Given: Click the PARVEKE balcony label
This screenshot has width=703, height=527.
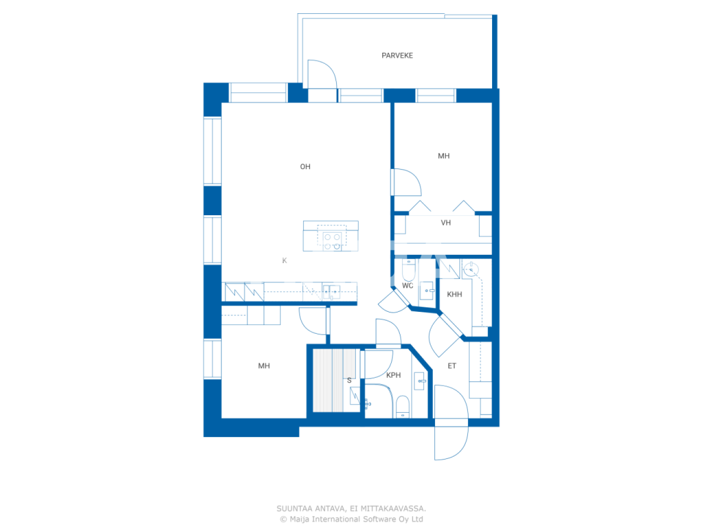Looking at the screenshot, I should coord(397,55).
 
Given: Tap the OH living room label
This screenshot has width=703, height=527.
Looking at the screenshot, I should coord(305,167).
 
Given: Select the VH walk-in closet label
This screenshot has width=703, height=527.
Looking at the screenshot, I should coord(446,223).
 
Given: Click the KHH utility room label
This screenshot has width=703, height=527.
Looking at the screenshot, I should coord(454,295).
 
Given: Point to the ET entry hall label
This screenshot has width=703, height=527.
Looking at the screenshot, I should coord(451,366).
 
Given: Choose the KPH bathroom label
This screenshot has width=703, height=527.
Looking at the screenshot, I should coord(393,375).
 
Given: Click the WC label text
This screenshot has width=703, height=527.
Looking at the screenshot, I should coord(408,286).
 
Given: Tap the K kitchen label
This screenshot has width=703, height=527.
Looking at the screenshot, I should coord(284,261).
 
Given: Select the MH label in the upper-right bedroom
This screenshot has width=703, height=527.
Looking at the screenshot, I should coord(444,156).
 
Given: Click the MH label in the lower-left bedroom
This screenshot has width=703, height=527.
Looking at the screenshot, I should coord(264,366).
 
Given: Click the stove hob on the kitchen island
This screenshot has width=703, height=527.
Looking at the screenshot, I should coord(332,242).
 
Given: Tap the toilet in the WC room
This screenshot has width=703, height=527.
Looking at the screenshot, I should coord(409,270).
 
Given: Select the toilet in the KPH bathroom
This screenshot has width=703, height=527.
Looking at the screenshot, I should coord(403,407).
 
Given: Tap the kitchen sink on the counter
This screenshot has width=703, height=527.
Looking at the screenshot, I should coord(331,291).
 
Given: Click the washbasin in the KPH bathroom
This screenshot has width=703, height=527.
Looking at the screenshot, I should coord(420,380).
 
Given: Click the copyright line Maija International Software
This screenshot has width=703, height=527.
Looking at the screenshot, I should coord(351,519).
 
